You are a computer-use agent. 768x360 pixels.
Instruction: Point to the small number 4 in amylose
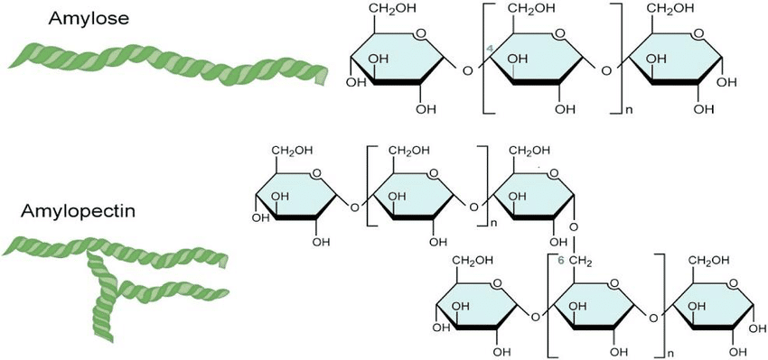coord(489,47)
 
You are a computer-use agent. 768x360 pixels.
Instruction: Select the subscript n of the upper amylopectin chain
coord(493,223)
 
